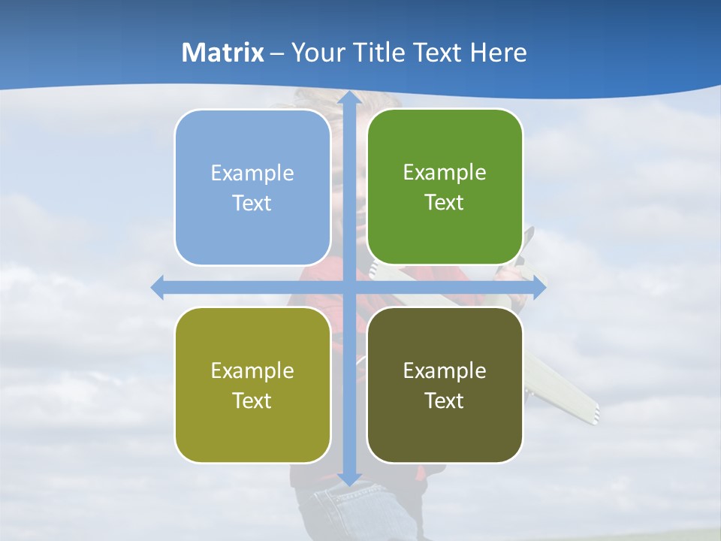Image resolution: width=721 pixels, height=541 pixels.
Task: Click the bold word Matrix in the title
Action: pyautogui.click(x=223, y=53)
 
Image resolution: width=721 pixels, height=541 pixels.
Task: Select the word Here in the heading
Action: pyautogui.click(x=498, y=53)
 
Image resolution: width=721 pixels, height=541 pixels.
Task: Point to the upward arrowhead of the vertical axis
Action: pyautogui.click(x=348, y=98)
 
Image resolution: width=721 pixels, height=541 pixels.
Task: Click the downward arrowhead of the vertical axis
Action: pyautogui.click(x=348, y=478)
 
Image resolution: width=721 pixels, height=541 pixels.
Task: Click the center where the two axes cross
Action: pyautogui.click(x=348, y=287)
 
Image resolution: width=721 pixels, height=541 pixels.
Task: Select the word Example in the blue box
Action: pyautogui.click(x=252, y=174)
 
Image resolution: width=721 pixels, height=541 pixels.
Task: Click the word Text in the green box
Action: pyautogui.click(x=445, y=202)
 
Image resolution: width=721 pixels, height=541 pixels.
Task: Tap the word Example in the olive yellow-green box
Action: pyautogui.click(x=252, y=370)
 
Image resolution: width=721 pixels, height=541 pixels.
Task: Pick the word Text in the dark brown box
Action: pyautogui.click(x=445, y=400)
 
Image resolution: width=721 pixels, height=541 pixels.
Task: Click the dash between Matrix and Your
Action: pyautogui.click(x=277, y=53)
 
